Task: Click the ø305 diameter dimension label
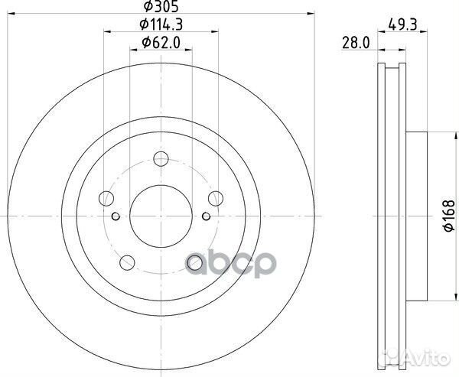click(161, 6)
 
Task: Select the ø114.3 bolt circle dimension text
click(161, 24)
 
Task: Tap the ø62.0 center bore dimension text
click(161, 43)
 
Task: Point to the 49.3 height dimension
click(402, 24)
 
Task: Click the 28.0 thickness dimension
click(356, 43)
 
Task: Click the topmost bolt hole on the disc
click(161, 159)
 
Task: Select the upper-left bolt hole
click(106, 199)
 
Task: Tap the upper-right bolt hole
click(216, 199)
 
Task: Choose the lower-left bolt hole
click(127, 262)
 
